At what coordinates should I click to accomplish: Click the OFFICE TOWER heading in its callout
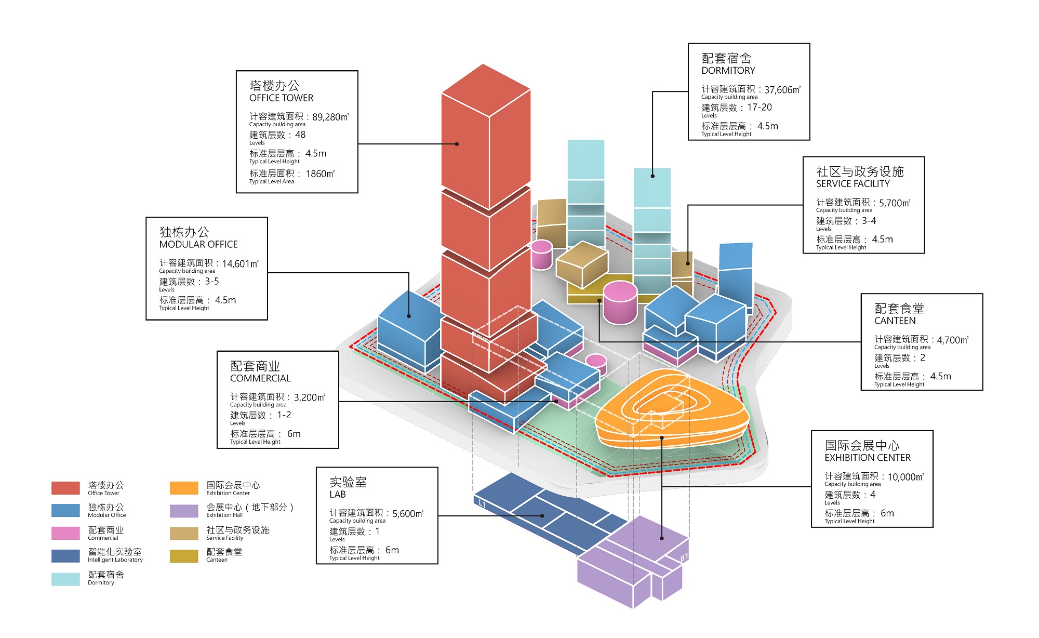tap(281, 98)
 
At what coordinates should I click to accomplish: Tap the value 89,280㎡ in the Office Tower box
tap(330, 117)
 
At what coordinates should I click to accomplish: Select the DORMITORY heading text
tap(728, 70)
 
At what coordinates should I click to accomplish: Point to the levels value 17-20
tap(760, 107)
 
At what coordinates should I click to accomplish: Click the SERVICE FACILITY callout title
tap(852, 183)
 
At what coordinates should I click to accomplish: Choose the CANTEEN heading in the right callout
tap(895, 321)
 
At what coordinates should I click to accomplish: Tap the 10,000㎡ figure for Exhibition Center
tap(905, 476)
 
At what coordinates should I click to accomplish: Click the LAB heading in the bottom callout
tap(337, 494)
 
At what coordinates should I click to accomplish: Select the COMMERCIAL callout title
tap(260, 378)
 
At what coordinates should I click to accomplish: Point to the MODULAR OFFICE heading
tap(198, 244)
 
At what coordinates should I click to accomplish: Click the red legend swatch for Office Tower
tap(65, 488)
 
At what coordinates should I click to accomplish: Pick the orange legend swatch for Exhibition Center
tap(184, 488)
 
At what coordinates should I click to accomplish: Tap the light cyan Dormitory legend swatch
tap(65, 579)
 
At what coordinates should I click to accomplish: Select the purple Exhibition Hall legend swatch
tap(184, 511)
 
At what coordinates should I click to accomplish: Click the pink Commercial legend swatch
tap(65, 533)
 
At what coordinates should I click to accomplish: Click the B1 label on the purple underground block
tap(684, 557)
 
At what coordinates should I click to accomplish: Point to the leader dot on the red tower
tap(457, 144)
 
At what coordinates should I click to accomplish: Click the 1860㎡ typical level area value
tap(320, 174)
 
